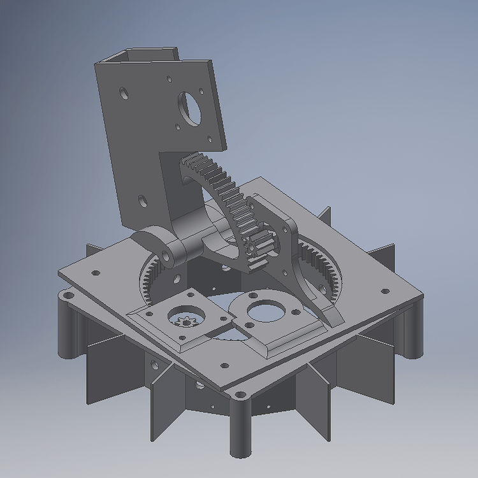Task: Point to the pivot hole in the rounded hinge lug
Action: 167,256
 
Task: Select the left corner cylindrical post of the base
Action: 68,325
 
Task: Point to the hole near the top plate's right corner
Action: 384,291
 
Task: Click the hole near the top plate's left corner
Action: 96,273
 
